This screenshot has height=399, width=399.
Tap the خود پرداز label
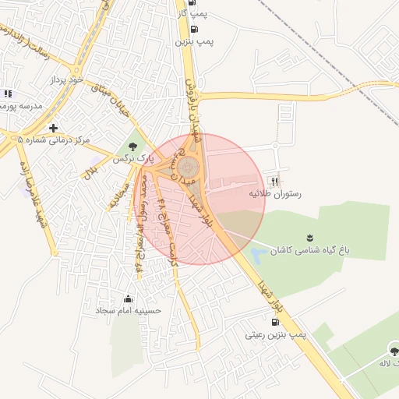click(x=66, y=79)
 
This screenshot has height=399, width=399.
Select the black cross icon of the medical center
click(x=53, y=128)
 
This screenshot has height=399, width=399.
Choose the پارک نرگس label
click(x=129, y=157)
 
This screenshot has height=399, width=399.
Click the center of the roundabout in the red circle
click(x=188, y=167)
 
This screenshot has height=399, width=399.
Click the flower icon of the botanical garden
click(x=310, y=238)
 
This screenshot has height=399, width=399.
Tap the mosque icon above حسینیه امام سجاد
click(x=128, y=298)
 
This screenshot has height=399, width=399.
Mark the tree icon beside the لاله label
click(x=393, y=351)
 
